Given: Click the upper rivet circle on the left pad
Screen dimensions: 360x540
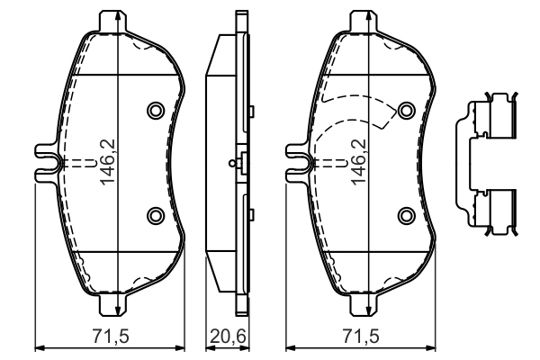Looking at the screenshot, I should (x=155, y=110).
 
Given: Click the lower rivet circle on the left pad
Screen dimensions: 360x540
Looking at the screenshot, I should (x=155, y=214).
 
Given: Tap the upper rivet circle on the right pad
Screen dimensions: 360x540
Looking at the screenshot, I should (x=406, y=110).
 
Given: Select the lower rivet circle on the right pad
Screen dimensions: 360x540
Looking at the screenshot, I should (x=406, y=214).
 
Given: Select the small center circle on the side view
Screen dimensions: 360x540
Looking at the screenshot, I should (x=232, y=163).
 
